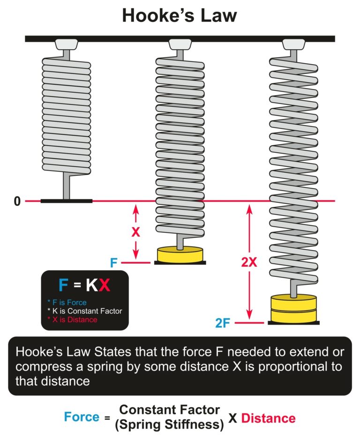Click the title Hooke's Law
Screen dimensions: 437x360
180,16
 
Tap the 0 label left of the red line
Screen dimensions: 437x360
17,202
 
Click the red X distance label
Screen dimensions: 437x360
136,232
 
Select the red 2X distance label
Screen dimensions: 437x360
249,262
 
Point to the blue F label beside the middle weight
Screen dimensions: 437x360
113,263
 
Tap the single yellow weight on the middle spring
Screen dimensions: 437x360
180,255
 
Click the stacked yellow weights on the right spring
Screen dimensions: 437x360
293,309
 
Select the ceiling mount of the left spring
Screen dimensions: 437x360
67,45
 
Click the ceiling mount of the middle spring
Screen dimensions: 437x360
180,45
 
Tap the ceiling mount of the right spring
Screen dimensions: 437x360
293,45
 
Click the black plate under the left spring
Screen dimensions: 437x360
67,201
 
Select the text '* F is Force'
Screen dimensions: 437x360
67,303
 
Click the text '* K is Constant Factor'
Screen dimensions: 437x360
84,311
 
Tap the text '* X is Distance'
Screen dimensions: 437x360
72,319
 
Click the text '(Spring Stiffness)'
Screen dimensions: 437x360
170,424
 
